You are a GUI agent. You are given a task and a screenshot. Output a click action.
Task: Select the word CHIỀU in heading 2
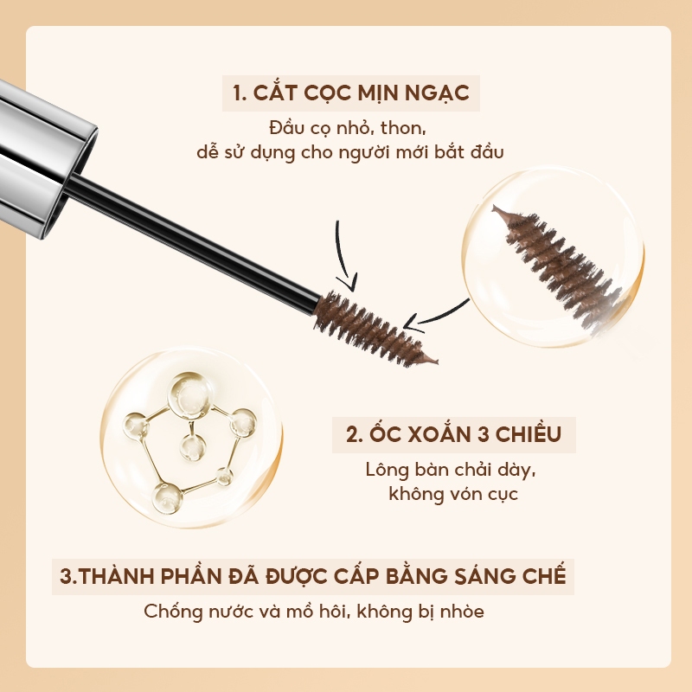coord(528,434)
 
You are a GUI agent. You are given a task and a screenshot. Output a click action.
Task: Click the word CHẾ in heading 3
coord(545,575)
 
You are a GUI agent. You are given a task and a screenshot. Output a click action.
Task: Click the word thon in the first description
coord(403,128)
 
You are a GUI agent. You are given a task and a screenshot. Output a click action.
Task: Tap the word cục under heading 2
coord(503,495)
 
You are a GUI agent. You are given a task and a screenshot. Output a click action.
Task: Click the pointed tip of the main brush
coord(436,362)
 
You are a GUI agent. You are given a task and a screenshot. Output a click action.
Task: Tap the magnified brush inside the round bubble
coord(557,266)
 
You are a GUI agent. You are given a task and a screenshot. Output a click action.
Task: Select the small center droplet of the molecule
coord(193,447)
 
